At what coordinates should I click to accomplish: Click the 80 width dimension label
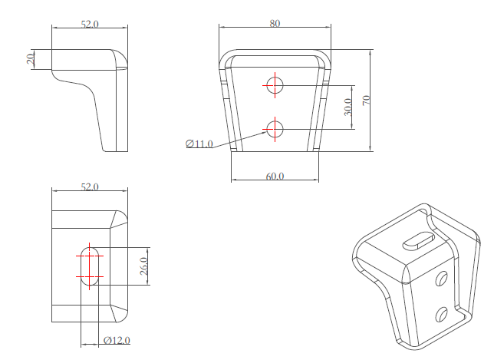[x=275, y=23]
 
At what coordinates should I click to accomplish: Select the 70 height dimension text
[x=366, y=100]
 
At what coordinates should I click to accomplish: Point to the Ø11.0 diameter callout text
[x=199, y=144]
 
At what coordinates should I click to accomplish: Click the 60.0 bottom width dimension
[x=275, y=176]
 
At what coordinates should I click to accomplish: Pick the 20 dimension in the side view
[x=31, y=60]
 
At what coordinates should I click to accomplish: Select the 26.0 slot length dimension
[x=143, y=266]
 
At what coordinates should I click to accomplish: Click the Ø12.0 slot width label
[x=117, y=340]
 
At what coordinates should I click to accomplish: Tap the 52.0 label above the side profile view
[x=90, y=24]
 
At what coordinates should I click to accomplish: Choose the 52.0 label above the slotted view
[x=90, y=187]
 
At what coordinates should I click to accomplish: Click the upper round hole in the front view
[x=275, y=85]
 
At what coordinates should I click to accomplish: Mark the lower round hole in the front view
[x=275, y=129]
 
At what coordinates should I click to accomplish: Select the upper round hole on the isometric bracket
[x=442, y=279]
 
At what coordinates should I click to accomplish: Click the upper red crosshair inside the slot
[x=91, y=253]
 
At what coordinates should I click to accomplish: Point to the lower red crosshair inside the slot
[x=90, y=276]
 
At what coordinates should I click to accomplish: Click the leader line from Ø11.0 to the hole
[x=238, y=138]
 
